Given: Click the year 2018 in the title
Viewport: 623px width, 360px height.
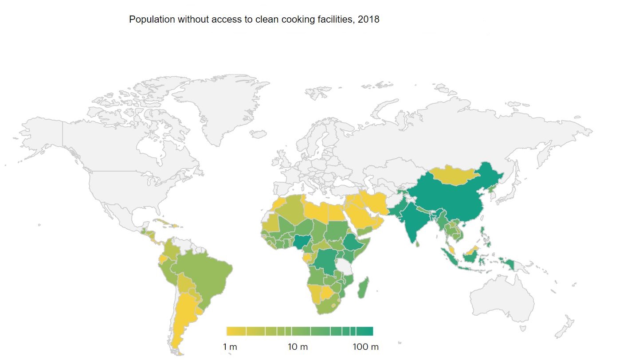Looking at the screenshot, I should coord(369,20).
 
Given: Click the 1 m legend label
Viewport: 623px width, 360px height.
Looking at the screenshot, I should coord(230,347).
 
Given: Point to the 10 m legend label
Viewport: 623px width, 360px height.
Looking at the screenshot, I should coord(298,347).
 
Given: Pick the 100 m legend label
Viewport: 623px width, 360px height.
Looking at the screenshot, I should coord(365,347).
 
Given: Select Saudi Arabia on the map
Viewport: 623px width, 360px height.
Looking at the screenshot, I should coord(361,217).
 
